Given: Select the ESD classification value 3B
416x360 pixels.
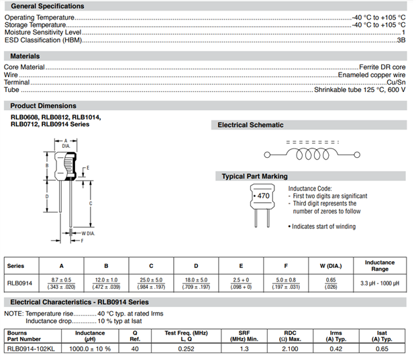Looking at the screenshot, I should coord(401,40).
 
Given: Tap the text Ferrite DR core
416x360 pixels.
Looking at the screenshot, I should coord(382,67).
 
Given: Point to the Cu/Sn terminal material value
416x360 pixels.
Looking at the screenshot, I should coord(396,82).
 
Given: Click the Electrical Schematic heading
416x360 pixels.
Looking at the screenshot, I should coord(250,125).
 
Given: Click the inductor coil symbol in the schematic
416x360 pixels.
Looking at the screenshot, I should coord(312,154).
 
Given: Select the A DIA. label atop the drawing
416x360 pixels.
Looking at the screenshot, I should coord(66,143).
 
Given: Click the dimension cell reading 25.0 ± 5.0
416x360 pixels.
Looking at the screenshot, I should coord(151,279).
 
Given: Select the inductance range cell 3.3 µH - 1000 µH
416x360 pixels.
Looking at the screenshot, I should coord(380,283).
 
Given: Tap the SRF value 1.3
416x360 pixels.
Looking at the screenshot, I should coord(244,349).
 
